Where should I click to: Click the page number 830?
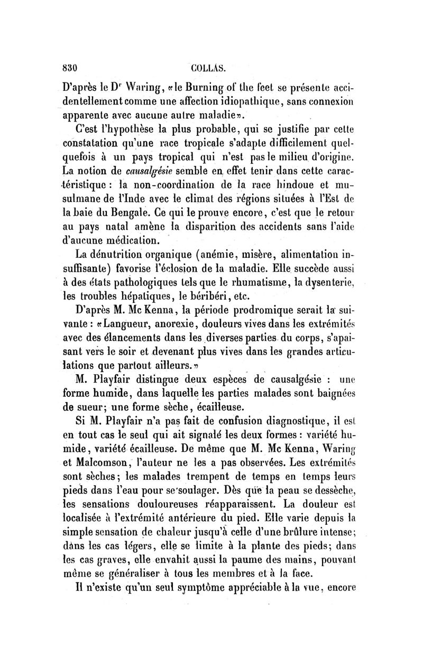click(70, 67)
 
